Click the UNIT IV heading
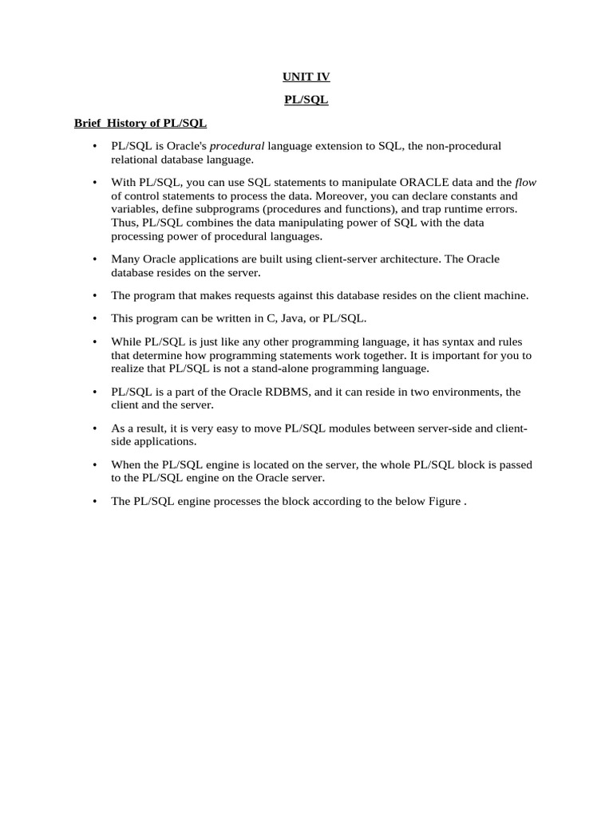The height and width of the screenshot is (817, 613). point(306,77)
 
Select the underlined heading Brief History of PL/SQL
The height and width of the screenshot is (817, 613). point(140,124)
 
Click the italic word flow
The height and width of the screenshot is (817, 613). point(526,183)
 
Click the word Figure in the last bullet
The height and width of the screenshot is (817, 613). point(443,501)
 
